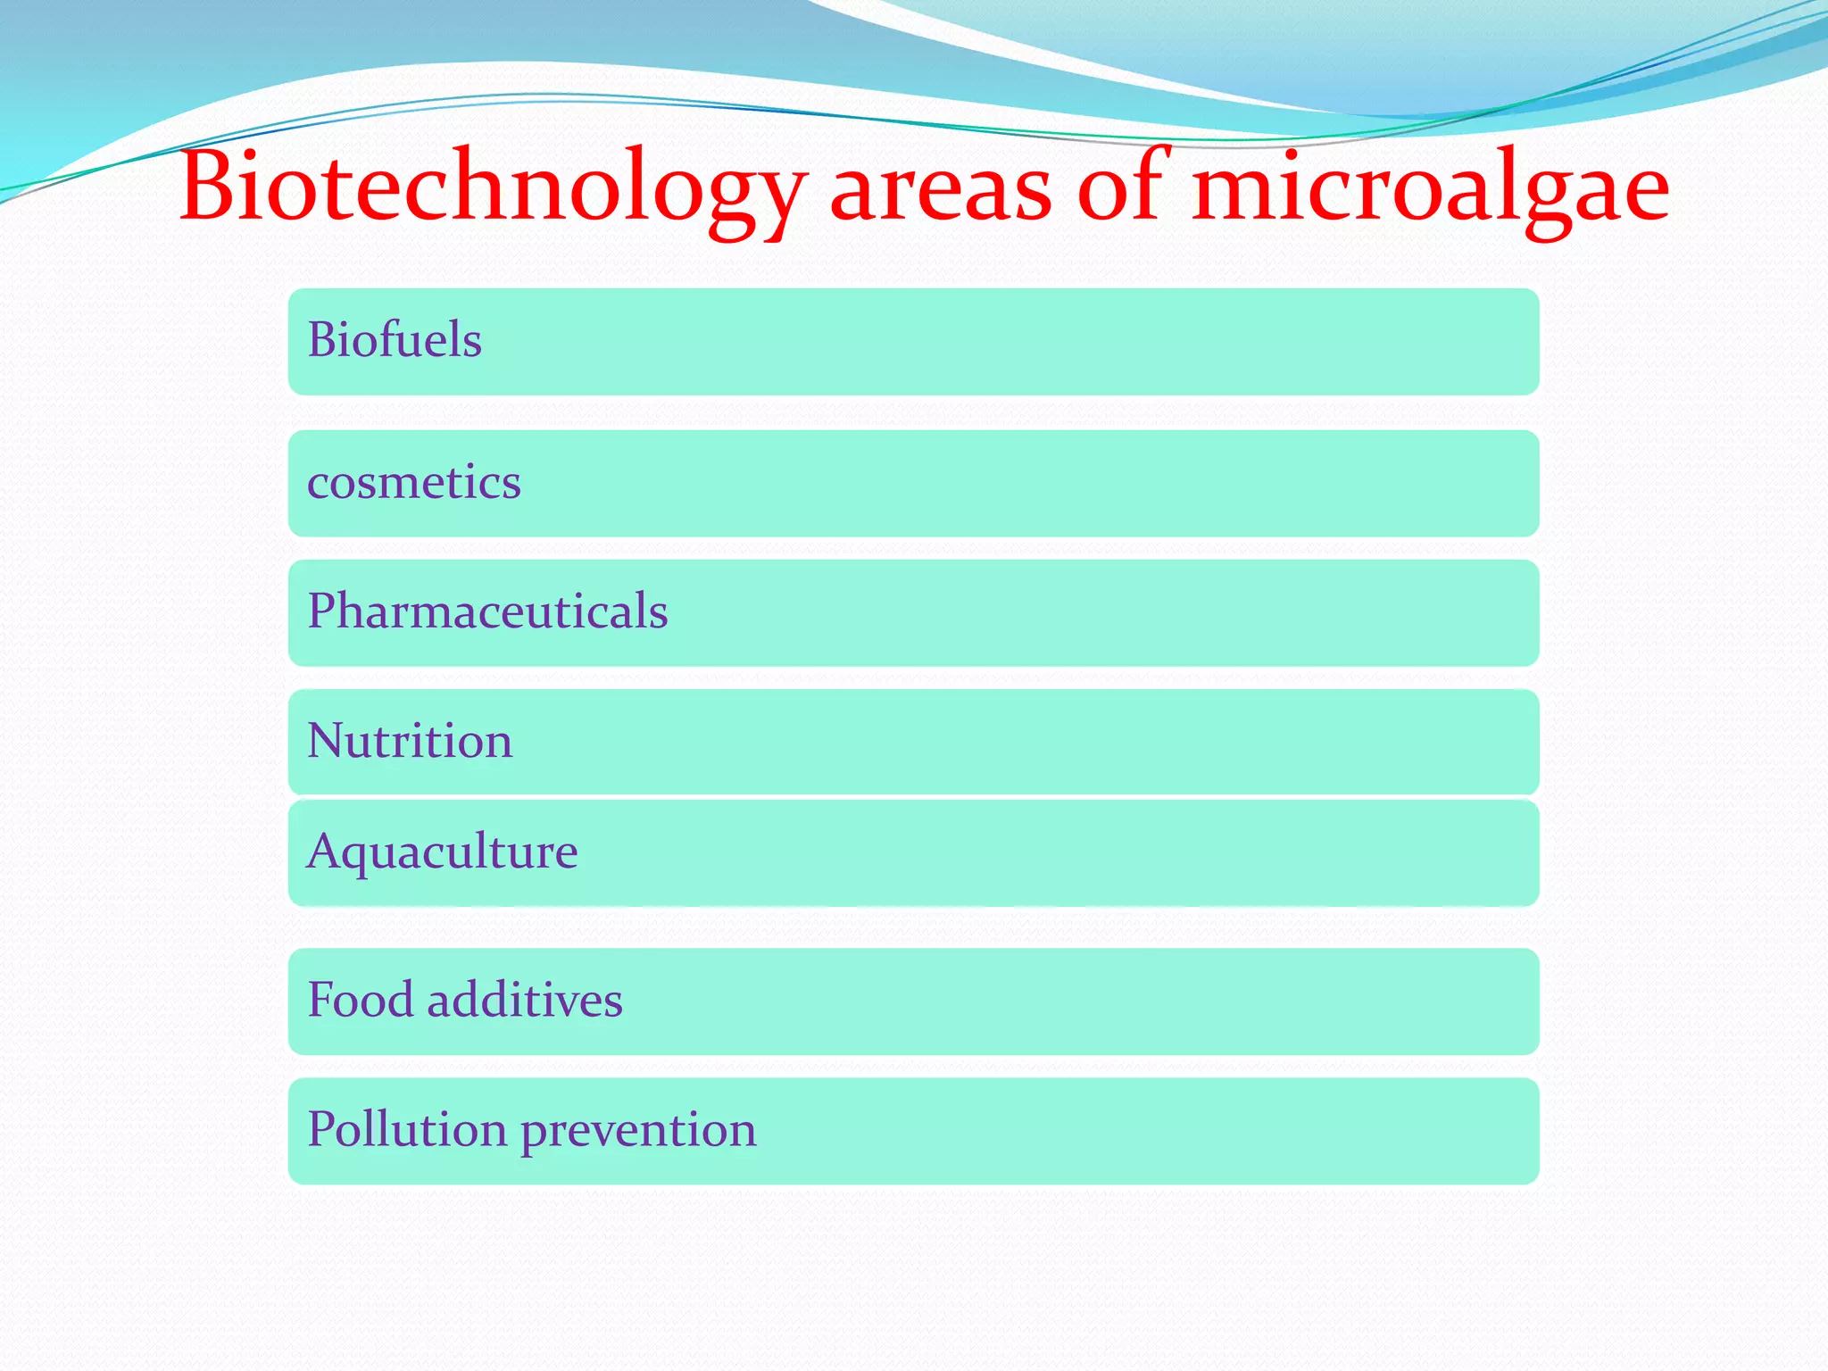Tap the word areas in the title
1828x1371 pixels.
tap(941, 191)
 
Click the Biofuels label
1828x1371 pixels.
tap(395, 340)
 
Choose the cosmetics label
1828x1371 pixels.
tap(414, 483)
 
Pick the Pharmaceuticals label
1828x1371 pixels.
tap(487, 611)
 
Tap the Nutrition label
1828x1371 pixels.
tap(410, 741)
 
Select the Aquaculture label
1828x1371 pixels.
tap(442, 852)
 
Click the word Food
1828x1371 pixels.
tap(361, 1000)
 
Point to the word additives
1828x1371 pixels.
tap(525, 1000)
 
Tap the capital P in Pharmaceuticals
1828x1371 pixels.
tap(322, 611)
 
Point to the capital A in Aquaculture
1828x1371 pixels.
tap(325, 852)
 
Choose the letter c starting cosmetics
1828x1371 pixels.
tap(318, 485)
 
